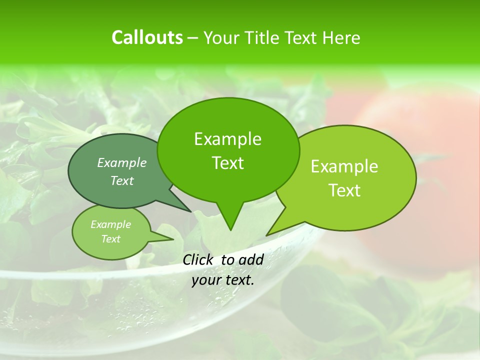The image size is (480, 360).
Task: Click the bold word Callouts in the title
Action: coord(147,37)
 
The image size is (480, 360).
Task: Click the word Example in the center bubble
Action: coord(227,139)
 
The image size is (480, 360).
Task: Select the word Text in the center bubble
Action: coord(227,163)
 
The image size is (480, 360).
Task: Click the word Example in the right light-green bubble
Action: coord(344,166)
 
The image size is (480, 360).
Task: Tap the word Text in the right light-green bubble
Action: coord(344,190)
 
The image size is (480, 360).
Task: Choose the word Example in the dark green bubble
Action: coord(122,162)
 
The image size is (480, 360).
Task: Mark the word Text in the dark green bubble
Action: coord(122,180)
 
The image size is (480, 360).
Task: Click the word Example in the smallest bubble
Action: coord(110,224)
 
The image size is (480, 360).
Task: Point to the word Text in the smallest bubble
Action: coord(110,239)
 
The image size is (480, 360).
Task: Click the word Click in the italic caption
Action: coord(198,259)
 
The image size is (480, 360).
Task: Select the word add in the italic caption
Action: coord(251,259)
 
